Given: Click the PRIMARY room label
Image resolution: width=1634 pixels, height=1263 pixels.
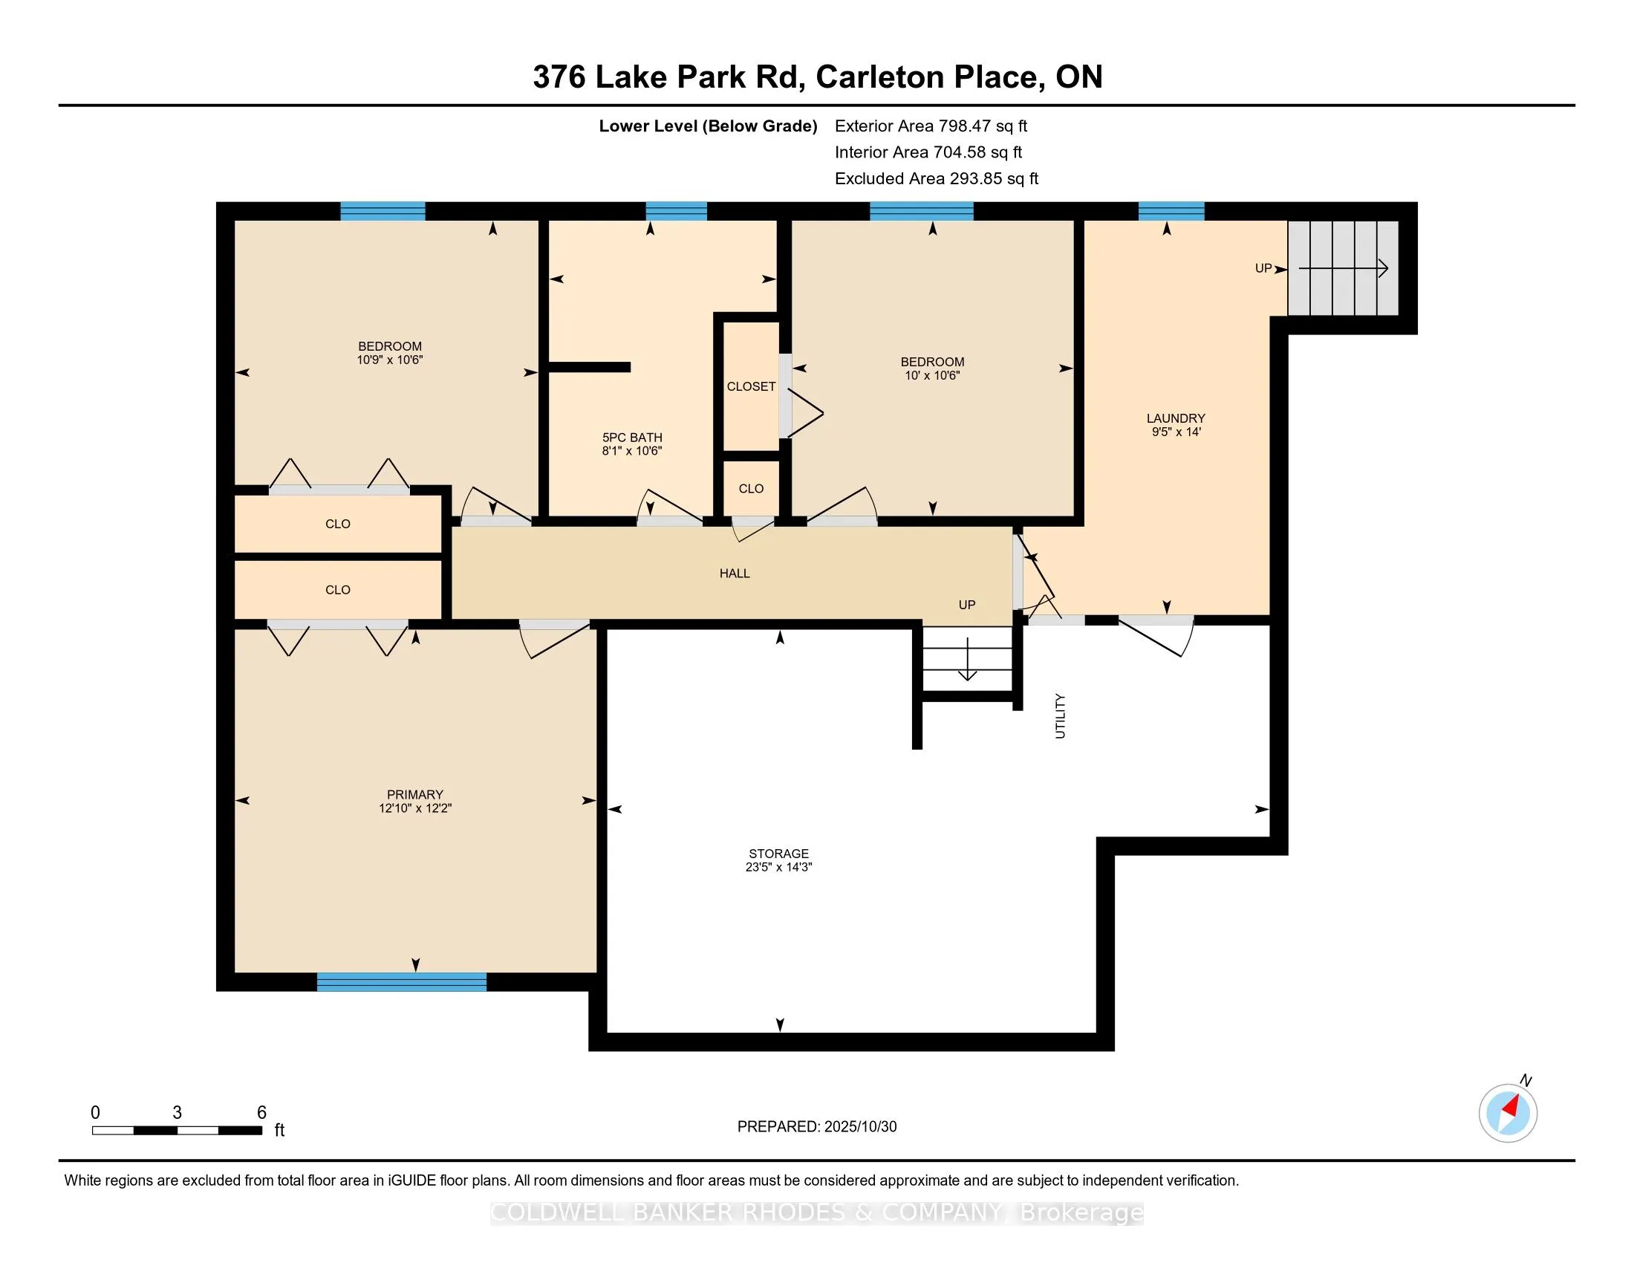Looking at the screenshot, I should coord(414,794).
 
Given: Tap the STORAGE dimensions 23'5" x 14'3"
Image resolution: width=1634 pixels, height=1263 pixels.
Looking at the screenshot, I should coord(778,867).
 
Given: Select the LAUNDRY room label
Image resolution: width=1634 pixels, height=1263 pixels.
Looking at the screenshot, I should coord(1176,418).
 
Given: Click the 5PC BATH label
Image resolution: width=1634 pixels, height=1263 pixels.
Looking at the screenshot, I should coord(632,438).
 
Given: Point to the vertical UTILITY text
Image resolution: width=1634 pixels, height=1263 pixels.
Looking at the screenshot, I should coord(1060,716).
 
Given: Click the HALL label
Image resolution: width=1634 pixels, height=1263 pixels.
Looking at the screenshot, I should coord(734,573).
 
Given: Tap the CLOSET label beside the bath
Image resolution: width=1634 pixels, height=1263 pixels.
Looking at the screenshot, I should coord(750,387).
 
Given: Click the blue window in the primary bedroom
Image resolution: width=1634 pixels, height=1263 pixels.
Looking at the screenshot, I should coord(402,981).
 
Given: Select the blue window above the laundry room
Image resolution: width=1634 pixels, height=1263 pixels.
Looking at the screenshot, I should coord(1171,211).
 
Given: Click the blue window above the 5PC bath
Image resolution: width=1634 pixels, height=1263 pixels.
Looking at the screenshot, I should coord(676,211).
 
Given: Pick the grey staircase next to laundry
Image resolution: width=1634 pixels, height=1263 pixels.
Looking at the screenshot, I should coord(1342,268).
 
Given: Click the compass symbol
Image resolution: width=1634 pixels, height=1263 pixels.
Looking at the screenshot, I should coord(1508,1113).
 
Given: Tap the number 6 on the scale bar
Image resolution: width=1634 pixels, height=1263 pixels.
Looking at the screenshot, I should coord(262,1113).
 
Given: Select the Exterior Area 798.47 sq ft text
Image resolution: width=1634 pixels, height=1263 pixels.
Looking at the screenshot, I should coord(931,126).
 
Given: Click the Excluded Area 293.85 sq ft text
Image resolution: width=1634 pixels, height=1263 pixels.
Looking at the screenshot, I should coord(936,179).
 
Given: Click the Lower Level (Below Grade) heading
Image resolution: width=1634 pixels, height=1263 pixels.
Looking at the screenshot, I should coord(707,126).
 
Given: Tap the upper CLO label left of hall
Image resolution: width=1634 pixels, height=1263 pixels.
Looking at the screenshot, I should coord(337,524).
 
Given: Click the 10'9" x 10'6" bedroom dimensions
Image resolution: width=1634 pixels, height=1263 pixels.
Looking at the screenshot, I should coord(390,360).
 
